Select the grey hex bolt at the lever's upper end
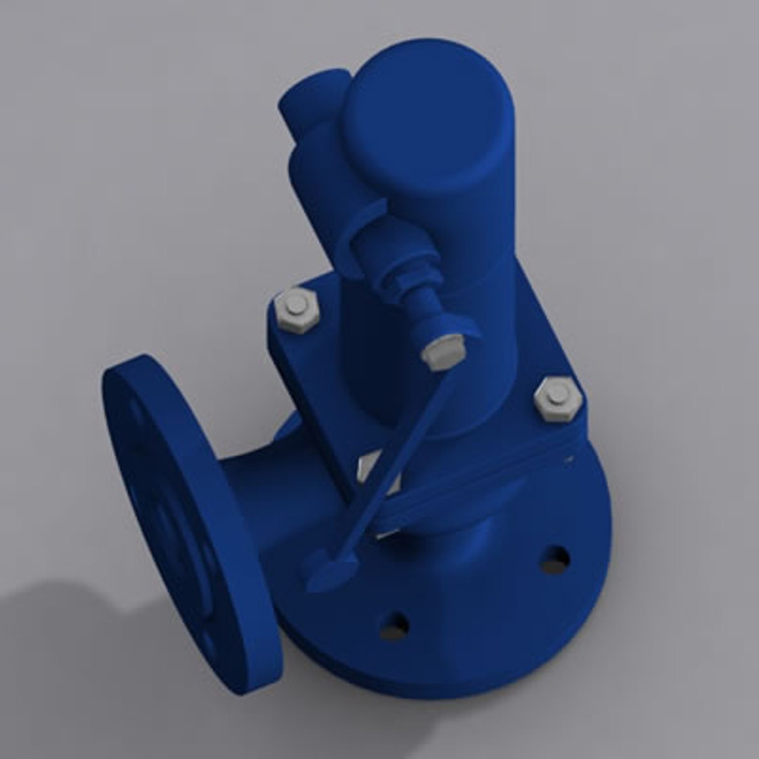pyautogui.click(x=443, y=351)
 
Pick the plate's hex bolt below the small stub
pyautogui.click(x=297, y=309)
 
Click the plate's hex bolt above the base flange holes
pyautogui.click(x=557, y=399)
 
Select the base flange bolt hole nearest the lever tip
pyautogui.click(x=394, y=625)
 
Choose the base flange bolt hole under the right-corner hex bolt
pyautogui.click(x=554, y=559)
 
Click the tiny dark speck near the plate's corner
pyautogui.click(x=569, y=460)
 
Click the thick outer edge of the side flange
pyautogui.click(x=239, y=583)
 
